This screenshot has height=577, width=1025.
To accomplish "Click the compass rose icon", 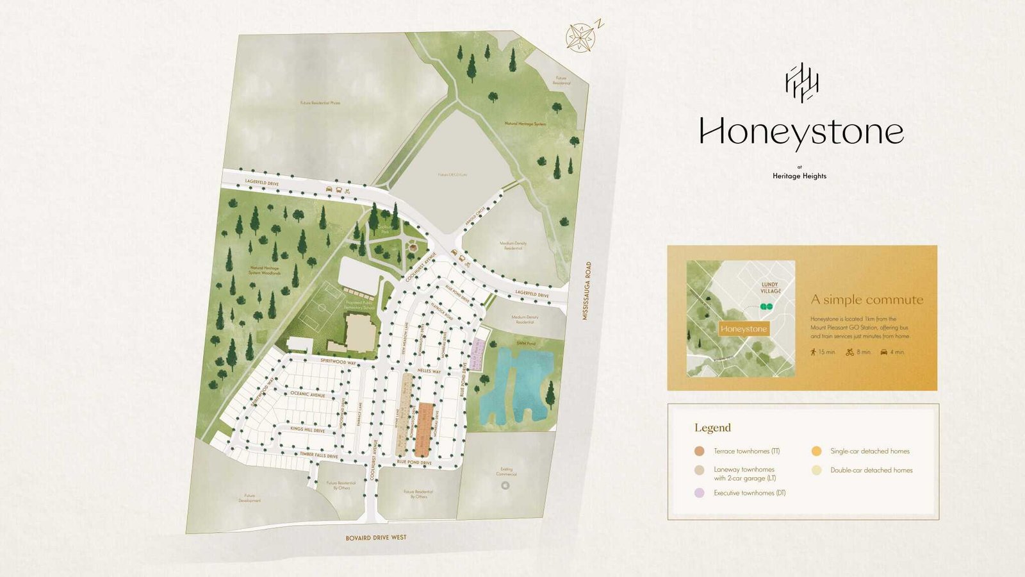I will pyautogui.click(x=581, y=37).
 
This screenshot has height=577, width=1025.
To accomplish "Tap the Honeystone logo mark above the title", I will pyautogui.click(x=801, y=83).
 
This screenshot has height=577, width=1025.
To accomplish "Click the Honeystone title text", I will pyautogui.click(x=801, y=133).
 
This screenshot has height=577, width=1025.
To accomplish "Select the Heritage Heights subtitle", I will pyautogui.click(x=799, y=176).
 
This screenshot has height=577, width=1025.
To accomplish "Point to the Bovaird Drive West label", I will pyautogui.click(x=375, y=537).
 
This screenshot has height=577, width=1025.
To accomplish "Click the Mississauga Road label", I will pyautogui.click(x=587, y=290).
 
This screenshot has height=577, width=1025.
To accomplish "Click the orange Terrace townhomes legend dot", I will pyautogui.click(x=700, y=451).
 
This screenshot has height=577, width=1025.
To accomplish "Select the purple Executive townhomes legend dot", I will pyautogui.click(x=700, y=493).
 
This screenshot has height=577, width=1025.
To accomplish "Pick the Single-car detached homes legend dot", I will pyautogui.click(x=816, y=451).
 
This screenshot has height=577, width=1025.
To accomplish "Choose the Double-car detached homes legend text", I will pyautogui.click(x=871, y=470).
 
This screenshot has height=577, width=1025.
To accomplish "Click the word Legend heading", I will pyautogui.click(x=712, y=428).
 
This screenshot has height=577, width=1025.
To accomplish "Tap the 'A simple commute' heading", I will pyautogui.click(x=867, y=299).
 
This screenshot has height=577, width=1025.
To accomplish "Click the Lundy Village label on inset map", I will pyautogui.click(x=770, y=287).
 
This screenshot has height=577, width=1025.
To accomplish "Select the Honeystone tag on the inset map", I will pyautogui.click(x=743, y=329).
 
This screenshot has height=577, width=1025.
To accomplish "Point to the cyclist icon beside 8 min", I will pyautogui.click(x=850, y=352).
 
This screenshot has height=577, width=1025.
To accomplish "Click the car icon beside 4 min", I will pyautogui.click(x=884, y=352).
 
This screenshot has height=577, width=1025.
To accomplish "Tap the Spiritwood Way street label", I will pyautogui.click(x=338, y=362).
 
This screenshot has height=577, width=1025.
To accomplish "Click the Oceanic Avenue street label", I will pyautogui.click(x=308, y=394).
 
